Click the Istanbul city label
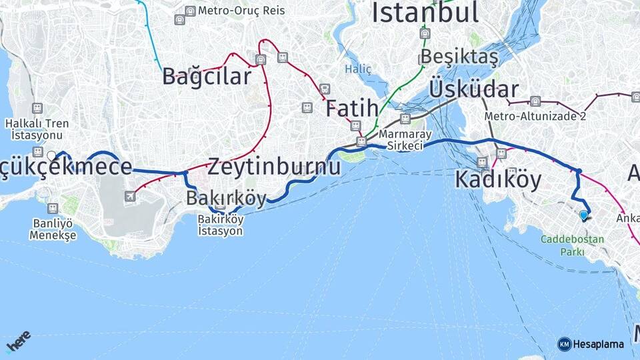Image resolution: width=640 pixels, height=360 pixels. (x=425, y=12)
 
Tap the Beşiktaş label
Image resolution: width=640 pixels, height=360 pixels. (x=459, y=57)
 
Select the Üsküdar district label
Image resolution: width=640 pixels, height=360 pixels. (x=474, y=89)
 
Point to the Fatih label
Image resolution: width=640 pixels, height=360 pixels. (x=352, y=108)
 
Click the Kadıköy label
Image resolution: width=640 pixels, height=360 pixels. (x=498, y=179)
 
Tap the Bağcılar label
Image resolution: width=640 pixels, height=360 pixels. (x=207, y=76)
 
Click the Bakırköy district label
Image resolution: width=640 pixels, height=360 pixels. (x=226, y=198)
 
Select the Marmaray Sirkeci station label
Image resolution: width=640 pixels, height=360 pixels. (x=401, y=140)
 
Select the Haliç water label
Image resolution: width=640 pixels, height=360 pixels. (x=358, y=69)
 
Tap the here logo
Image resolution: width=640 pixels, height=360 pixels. (x=18, y=341)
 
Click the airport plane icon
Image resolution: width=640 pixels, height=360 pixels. (x=130, y=196)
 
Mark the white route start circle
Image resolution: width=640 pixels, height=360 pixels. (x=51, y=156)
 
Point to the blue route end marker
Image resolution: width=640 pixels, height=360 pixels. (x=584, y=215)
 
